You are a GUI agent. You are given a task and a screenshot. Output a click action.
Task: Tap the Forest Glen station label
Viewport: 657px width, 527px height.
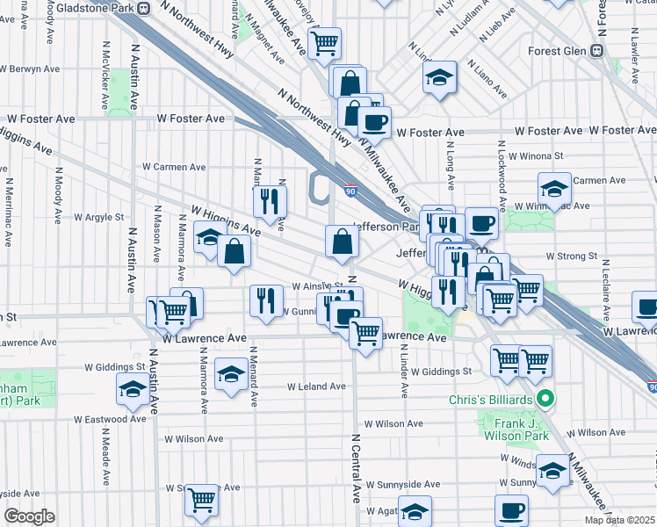coord(560,51)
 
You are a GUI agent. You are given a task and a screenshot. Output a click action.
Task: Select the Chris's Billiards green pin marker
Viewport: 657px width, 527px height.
coord(546,401)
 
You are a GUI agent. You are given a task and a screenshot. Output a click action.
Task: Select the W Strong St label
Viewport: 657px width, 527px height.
coord(571,257)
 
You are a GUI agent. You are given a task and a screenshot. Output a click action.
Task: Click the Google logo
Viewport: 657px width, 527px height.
coord(29,516)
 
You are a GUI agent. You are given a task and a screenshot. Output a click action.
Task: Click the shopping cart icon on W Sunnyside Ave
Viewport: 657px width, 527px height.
coord(202,500)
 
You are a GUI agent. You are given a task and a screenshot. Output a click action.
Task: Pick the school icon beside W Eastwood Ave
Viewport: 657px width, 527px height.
coord(132,388)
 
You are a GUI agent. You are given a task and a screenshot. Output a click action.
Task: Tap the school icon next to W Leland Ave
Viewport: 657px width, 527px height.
coord(231,374)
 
